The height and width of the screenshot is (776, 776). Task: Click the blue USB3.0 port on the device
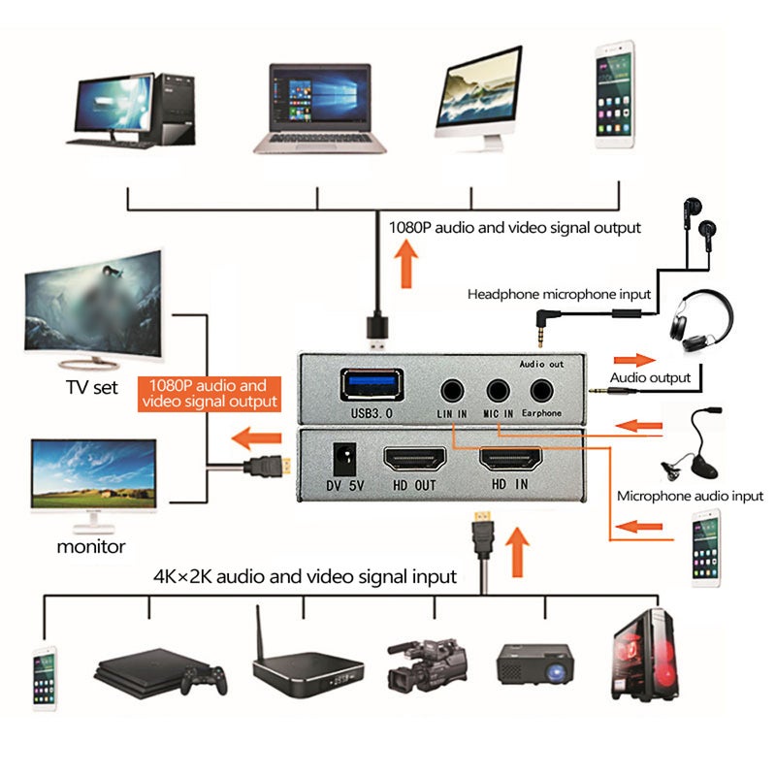[372, 385]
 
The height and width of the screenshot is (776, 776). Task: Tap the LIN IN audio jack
[452, 391]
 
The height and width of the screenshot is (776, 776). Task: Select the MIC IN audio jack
[498, 391]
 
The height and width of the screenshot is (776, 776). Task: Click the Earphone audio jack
[542, 391]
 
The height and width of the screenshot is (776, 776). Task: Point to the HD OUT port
[415, 459]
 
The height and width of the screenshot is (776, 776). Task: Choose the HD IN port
[510, 458]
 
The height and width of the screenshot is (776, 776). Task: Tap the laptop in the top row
[320, 109]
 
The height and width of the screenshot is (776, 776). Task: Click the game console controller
[205, 680]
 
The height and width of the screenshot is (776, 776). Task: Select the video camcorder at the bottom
[427, 665]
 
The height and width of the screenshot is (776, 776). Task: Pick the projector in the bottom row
[535, 664]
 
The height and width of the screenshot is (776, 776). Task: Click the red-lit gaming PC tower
[645, 656]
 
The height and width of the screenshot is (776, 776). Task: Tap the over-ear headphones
[700, 321]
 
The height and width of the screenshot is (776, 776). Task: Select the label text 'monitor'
[91, 547]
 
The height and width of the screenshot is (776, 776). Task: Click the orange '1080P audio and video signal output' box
[210, 394]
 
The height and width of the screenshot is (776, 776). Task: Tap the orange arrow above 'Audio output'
[634, 360]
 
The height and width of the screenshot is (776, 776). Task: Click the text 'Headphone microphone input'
[559, 295]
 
